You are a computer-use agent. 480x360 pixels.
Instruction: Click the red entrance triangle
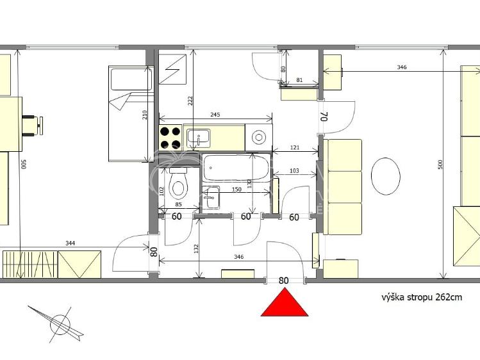pyautogui.click(x=284, y=304)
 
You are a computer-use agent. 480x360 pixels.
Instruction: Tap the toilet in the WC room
pyautogui.click(x=178, y=185)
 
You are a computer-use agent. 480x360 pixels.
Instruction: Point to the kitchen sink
pyautogui.click(x=197, y=136)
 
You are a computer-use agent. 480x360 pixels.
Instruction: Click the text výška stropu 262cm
pyautogui.click(x=422, y=297)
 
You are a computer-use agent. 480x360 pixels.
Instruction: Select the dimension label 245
pyautogui.click(x=215, y=115)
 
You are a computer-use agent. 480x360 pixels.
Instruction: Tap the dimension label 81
pyautogui.click(x=299, y=80)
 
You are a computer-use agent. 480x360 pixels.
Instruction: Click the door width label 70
pyautogui.click(x=324, y=117)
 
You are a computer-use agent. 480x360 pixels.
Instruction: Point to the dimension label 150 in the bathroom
pyautogui.click(x=236, y=190)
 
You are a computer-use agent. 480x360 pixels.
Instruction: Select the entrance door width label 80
pyautogui.click(x=283, y=280)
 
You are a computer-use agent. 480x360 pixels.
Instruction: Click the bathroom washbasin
pyautogui.click(x=211, y=197)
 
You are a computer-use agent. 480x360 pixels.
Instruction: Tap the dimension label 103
pyautogui.click(x=294, y=170)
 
